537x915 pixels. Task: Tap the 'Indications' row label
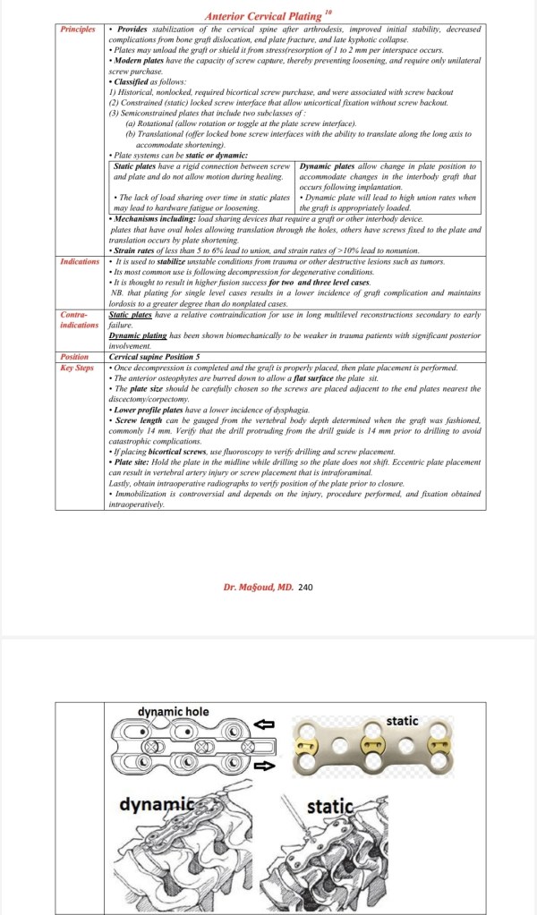pos(81,261)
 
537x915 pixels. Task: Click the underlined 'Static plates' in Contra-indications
pos(131,315)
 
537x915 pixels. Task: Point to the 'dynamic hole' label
pos(174,711)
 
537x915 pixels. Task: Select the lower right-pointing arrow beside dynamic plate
pos(267,766)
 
